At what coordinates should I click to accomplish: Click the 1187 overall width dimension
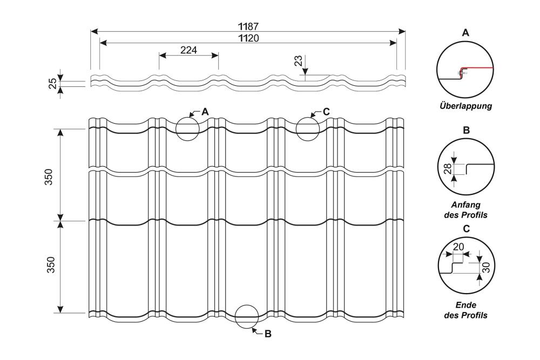tap(248, 25)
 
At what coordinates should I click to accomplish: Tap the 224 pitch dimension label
tap(188, 50)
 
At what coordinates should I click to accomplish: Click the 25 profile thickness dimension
tap(53, 83)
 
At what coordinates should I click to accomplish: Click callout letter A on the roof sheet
tap(205, 112)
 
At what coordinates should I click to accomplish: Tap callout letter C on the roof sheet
tap(326, 112)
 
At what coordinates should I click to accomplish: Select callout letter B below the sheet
tap(267, 334)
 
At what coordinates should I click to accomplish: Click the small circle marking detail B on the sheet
tap(247, 316)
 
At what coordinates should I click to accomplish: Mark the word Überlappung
tap(465, 106)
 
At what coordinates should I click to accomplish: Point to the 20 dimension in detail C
tap(459, 246)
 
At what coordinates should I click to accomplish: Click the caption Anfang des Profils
tap(465, 210)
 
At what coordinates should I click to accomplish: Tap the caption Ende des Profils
tap(465, 310)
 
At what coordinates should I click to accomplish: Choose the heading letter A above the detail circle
tap(465, 32)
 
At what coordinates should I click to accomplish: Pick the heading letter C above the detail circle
tap(466, 228)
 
